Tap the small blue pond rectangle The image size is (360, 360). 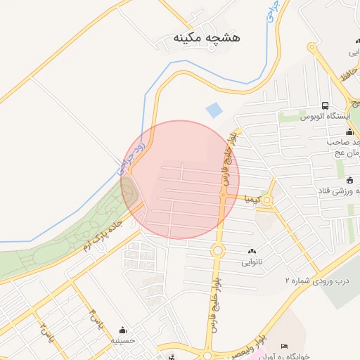(213, 110)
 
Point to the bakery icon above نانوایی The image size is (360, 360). (252, 251)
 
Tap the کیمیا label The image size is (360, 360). (252, 200)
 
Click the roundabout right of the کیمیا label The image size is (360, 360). (267, 200)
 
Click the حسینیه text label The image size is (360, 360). (122, 340)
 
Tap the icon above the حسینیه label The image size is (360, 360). (123, 330)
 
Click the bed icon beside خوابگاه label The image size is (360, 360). (284, 346)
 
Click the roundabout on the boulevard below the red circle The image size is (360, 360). (217, 250)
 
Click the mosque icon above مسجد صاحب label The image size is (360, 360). (349, 131)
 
